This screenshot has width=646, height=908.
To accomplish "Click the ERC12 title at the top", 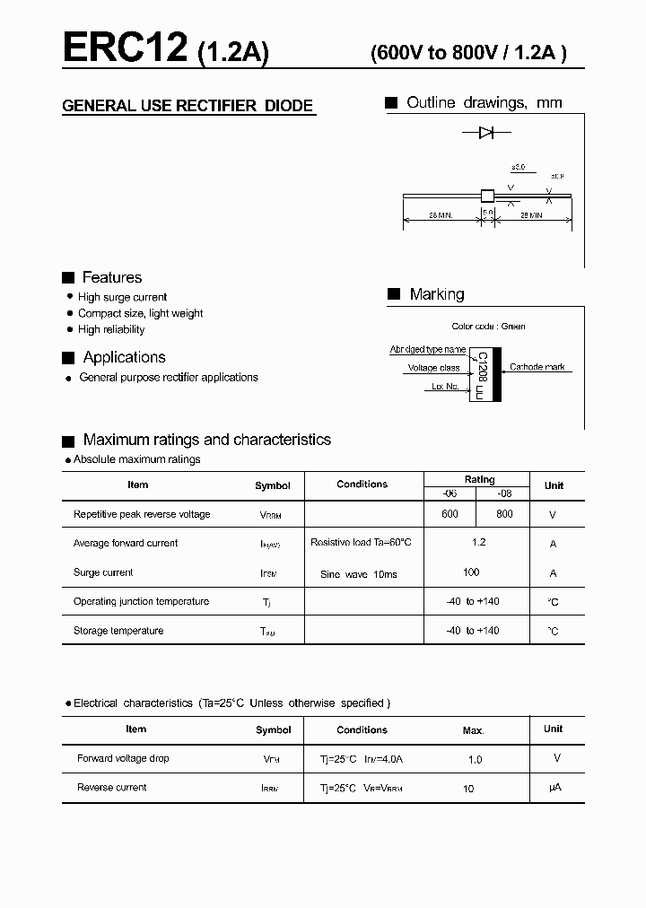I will (x=125, y=47).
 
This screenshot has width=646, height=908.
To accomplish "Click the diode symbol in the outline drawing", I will (x=486, y=133).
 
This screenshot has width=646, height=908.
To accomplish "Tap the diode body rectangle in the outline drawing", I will (x=487, y=196).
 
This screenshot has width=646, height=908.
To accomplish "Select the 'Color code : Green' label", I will (x=488, y=327).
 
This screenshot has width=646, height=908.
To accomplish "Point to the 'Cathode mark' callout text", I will (x=537, y=367).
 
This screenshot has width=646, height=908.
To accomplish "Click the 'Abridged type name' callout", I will (x=427, y=349).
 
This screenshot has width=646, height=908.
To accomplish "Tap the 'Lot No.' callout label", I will (x=445, y=387).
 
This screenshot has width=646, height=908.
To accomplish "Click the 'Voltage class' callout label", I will (x=433, y=368).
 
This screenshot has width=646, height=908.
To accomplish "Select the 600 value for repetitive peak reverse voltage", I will (x=450, y=514).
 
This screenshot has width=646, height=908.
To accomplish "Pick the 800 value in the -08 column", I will (x=504, y=514).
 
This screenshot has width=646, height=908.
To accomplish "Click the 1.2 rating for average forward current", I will (x=478, y=543).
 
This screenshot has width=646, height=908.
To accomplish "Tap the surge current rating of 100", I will (x=471, y=572).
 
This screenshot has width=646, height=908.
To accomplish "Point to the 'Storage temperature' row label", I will (x=118, y=631).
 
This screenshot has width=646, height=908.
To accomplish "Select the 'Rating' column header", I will (x=479, y=479).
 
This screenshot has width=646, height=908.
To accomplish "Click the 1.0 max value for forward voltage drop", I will (x=475, y=759).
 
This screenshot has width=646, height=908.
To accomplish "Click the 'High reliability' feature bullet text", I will (x=111, y=329).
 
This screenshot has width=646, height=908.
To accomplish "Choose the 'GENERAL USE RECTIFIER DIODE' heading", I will (x=188, y=106).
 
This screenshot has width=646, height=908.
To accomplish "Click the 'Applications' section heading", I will (x=124, y=357).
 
